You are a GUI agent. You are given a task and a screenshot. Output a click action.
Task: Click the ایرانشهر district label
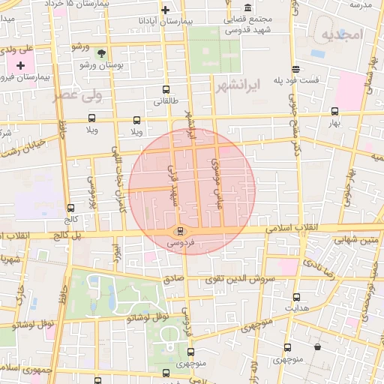click(235, 86)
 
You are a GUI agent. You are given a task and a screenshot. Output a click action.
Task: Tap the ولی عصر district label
click(75, 95)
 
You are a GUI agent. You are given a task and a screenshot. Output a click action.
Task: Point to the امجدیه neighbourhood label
click(341, 35)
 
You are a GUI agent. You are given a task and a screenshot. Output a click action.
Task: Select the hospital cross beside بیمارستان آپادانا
click(166, 10)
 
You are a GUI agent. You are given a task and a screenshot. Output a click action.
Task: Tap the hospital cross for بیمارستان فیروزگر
click(20, 66)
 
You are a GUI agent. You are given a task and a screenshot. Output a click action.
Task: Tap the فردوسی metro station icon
click(179, 230)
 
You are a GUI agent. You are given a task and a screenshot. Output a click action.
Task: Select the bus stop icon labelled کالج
click(70, 208)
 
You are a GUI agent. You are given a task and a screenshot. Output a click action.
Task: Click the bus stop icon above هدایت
click(296, 297)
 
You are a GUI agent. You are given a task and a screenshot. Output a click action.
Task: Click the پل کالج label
click(67, 235)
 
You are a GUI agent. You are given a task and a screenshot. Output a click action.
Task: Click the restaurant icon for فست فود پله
click(296, 68)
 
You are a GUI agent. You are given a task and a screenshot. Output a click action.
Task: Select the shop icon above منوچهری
click(318, 347)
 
